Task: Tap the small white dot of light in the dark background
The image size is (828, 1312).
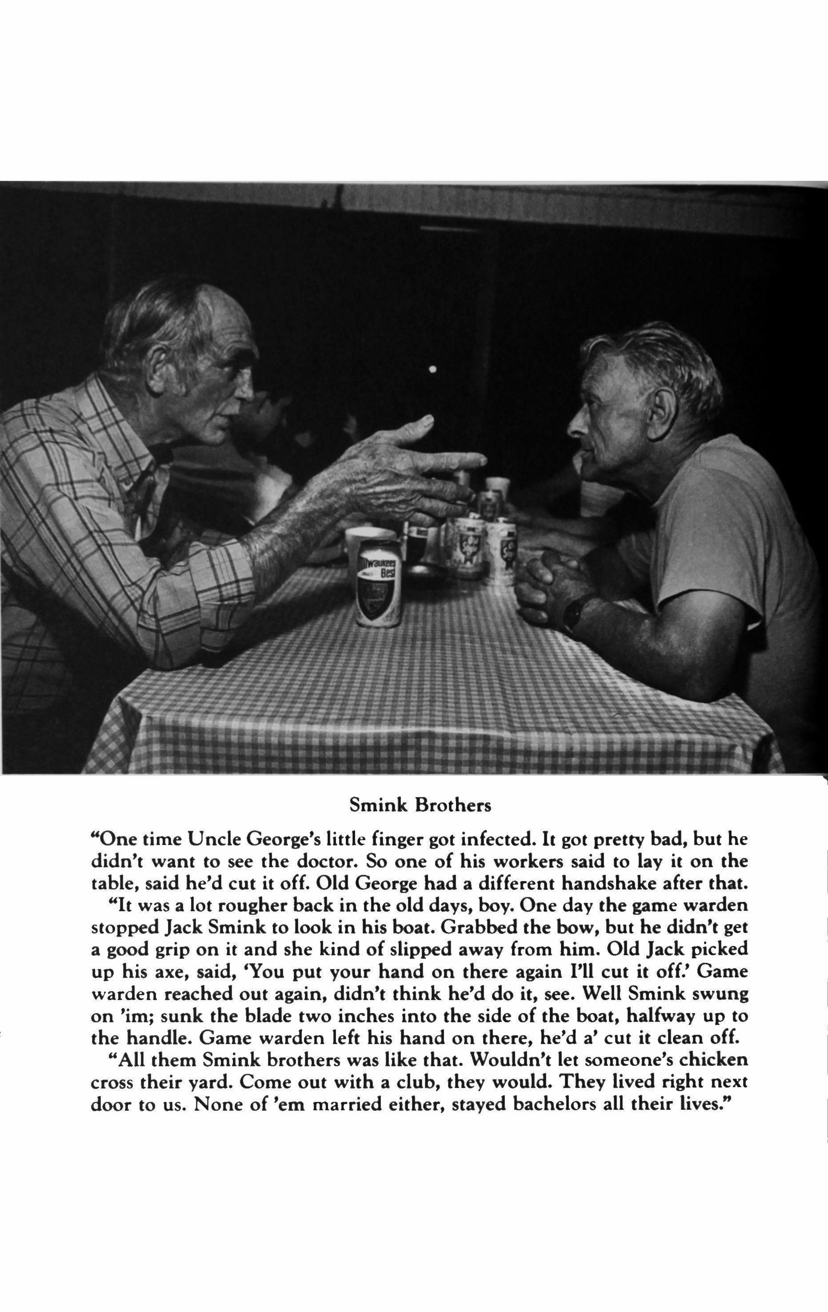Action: pos(432,369)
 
